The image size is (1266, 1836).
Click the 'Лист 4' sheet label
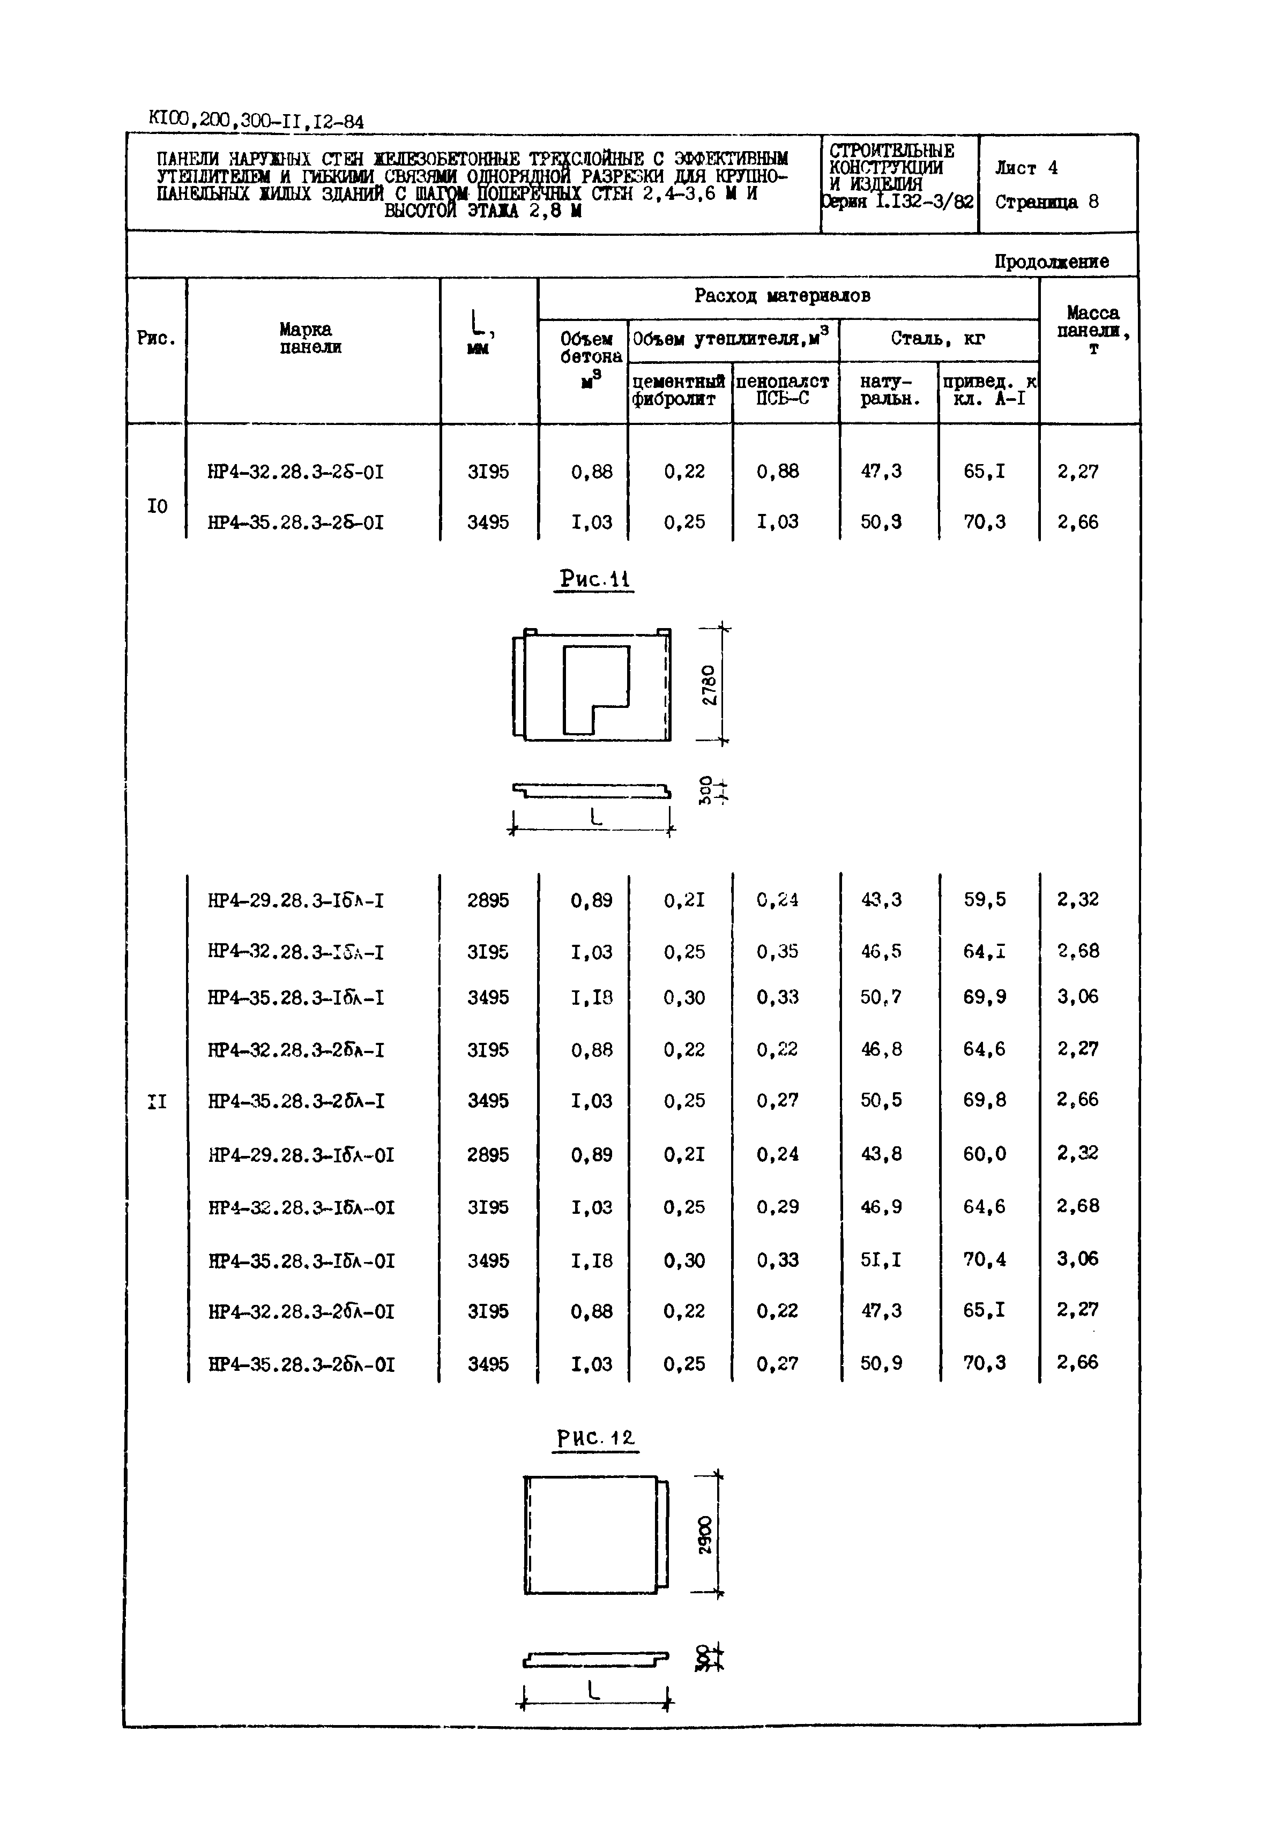pos(1026,168)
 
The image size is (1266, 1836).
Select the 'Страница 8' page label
pos(1046,202)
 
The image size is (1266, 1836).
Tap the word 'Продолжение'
pos(1051,262)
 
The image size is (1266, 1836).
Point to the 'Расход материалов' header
pos(782,296)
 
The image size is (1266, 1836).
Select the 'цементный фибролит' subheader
pos(678,390)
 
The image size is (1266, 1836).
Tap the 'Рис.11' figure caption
pos(594,579)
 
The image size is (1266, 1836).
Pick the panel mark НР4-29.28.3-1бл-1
pos(295,901)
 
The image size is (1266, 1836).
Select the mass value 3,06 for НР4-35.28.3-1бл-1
pos(1077,997)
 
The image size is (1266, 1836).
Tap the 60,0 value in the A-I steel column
pos(985,1154)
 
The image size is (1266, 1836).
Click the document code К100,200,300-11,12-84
pos(256,121)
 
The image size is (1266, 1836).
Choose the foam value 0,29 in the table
pos(777,1207)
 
